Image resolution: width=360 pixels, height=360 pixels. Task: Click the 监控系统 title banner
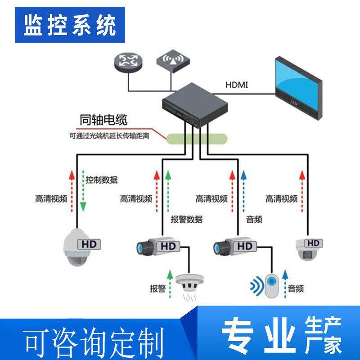point(69,25)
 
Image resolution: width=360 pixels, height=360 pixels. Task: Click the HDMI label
point(237,85)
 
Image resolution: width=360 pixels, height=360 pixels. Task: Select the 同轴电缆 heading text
point(103,120)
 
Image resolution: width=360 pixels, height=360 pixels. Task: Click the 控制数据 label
point(102,180)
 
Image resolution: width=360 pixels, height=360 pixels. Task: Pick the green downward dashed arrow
point(83,192)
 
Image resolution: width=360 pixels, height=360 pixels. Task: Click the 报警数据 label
point(186,220)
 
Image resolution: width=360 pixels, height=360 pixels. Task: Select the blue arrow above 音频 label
point(243,191)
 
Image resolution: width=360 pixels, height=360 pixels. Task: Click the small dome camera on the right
point(307,250)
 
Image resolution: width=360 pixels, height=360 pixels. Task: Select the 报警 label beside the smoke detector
point(158,288)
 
